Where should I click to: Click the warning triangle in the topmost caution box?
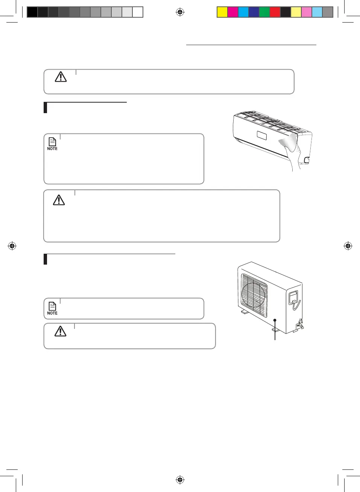tap(61, 77)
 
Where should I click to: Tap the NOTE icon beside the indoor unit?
tap(52, 143)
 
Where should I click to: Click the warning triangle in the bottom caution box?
tap(60, 331)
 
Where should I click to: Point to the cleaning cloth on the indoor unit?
tap(288, 142)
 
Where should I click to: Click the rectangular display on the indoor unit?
tap(262, 135)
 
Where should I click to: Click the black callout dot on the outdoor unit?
tap(275, 320)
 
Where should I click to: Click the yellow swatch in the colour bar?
tap(222, 12)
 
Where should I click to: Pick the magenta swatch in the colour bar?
tap(233, 12)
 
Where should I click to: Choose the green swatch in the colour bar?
tap(264, 12)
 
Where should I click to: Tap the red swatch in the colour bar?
tap(275, 12)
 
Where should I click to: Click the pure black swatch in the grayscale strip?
tap(32, 12)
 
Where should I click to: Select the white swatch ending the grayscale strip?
tap(138, 12)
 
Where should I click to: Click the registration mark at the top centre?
tap(180, 12)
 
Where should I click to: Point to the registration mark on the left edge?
tap(12, 246)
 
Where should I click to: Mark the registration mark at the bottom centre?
tap(180, 480)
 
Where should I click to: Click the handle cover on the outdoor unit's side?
tap(293, 298)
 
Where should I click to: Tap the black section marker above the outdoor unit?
tap(46, 259)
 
